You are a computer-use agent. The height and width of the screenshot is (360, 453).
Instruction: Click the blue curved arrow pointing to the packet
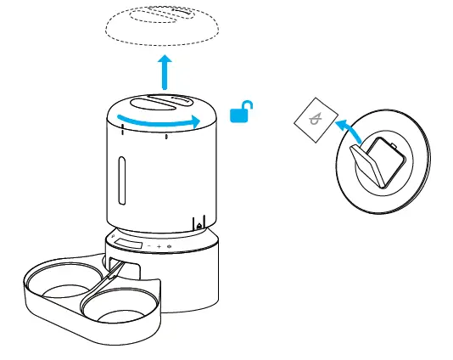350,129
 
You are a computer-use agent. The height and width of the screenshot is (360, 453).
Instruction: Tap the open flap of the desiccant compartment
368,165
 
